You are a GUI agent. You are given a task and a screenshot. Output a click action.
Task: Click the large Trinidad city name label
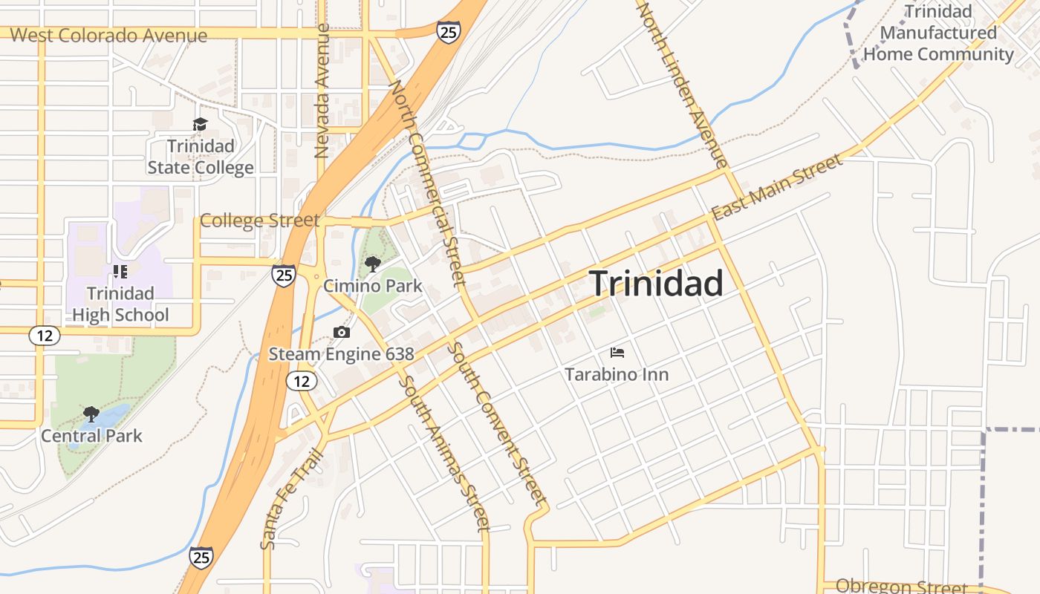click(x=656, y=283)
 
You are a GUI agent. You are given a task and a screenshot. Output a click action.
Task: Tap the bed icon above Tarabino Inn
click(x=617, y=352)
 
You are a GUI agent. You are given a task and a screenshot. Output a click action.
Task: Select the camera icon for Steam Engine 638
click(x=342, y=332)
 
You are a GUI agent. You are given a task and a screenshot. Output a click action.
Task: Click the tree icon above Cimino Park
click(x=372, y=264)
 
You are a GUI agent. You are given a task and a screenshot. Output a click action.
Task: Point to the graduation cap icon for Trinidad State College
click(x=200, y=124)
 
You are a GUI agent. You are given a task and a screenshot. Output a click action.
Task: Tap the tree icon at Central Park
click(x=91, y=414)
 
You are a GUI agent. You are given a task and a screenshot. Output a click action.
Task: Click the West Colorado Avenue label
click(x=108, y=35)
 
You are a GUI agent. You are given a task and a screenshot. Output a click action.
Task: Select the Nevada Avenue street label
click(x=322, y=91)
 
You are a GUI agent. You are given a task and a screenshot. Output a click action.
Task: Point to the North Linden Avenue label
click(x=683, y=83)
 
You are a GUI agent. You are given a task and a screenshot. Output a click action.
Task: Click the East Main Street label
click(x=777, y=186)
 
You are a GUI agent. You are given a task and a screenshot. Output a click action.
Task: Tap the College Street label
click(x=259, y=221)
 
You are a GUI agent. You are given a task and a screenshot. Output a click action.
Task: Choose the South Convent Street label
click(x=498, y=423)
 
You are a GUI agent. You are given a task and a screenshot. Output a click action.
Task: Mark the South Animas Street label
click(x=444, y=454)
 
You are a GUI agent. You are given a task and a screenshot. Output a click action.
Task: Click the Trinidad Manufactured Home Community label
click(x=938, y=33)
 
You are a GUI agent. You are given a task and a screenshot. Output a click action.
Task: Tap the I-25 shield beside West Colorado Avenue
click(x=448, y=32)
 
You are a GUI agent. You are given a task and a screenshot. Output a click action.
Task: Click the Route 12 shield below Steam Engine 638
click(x=301, y=381)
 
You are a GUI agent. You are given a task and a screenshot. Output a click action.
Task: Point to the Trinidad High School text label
click(x=120, y=304)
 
